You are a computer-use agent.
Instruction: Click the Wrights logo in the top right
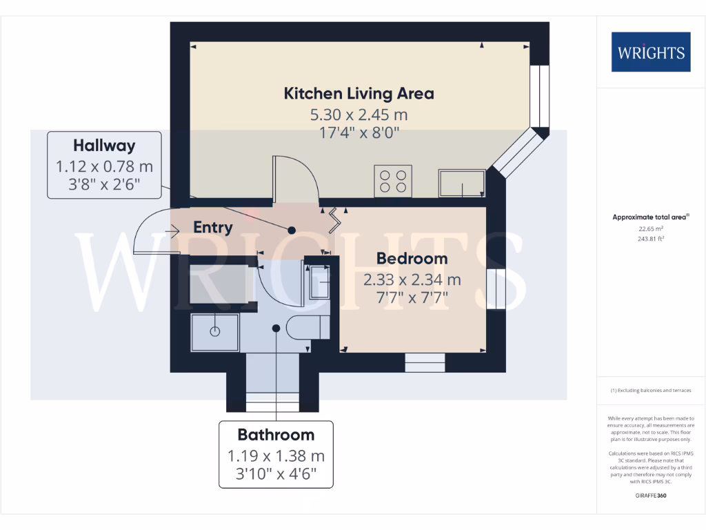(x=650, y=52)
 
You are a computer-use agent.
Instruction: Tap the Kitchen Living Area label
(x=359, y=93)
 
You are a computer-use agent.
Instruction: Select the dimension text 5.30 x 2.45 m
(x=359, y=115)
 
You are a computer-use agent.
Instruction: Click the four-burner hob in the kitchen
(x=393, y=180)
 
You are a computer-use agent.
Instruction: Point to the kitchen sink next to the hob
(x=461, y=183)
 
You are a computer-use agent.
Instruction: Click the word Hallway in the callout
(x=104, y=146)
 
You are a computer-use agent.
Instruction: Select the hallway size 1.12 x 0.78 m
(x=104, y=166)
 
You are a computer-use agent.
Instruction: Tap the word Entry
(x=212, y=227)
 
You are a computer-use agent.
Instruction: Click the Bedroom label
(x=412, y=259)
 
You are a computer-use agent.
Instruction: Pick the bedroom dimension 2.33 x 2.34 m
(x=412, y=279)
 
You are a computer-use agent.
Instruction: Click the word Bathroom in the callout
(x=276, y=435)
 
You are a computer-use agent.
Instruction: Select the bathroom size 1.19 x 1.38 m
(x=276, y=456)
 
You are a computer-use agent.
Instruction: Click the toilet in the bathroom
(x=304, y=327)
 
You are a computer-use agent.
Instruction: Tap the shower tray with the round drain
(x=214, y=331)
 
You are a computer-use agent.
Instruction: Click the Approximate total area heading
(x=650, y=217)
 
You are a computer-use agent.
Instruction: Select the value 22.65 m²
(x=650, y=228)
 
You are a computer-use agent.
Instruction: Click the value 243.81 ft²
(x=650, y=239)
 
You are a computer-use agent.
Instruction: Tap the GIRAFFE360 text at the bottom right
(x=650, y=495)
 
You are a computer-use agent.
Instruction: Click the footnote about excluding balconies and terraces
(x=650, y=391)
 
